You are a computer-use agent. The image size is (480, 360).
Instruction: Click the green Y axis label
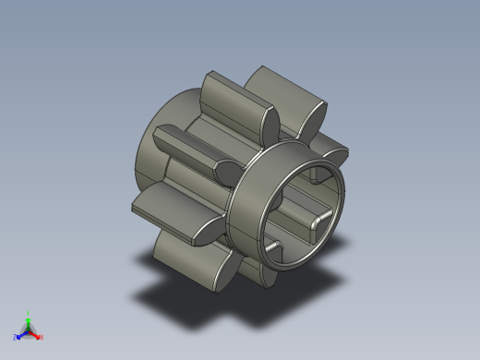point(29,313)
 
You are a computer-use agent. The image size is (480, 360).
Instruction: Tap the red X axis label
point(42,337)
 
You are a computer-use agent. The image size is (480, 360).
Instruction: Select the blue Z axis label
point(15,338)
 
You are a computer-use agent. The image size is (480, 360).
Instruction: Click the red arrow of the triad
point(35,334)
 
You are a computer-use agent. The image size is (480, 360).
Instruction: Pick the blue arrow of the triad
point(21,334)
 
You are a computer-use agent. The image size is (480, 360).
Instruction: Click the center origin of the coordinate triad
point(29,330)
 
